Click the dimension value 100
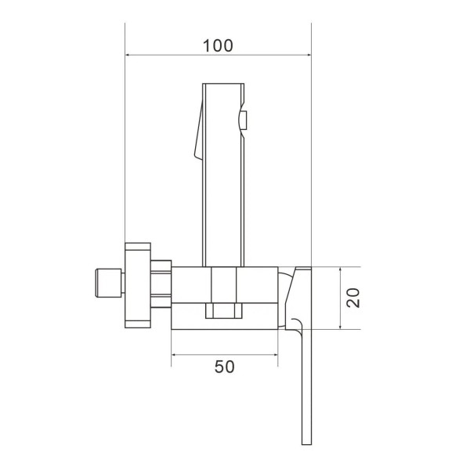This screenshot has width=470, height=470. click(x=218, y=45)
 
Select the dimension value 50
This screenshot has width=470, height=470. click(x=224, y=366)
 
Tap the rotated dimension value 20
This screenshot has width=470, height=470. click(x=353, y=298)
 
